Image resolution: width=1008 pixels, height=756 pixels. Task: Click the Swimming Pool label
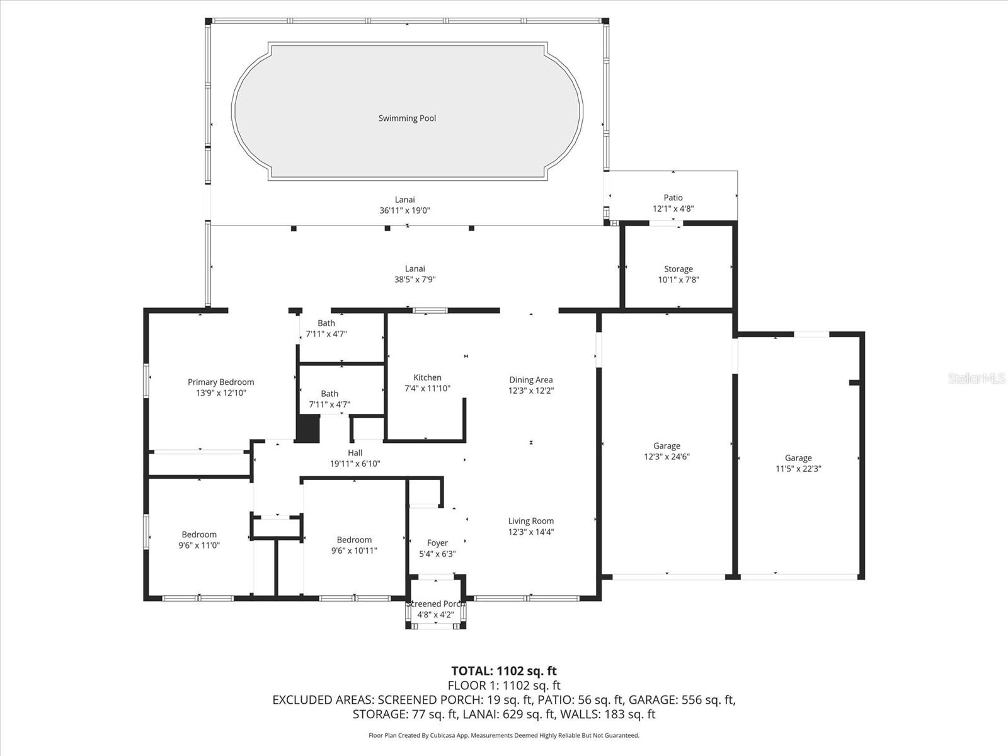pyautogui.click(x=407, y=118)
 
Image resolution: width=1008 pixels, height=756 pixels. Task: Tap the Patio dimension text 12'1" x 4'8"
pyautogui.click(x=673, y=209)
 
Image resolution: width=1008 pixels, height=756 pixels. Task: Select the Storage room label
pyautogui.click(x=678, y=269)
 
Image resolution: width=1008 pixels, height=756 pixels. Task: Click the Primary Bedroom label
pyautogui.click(x=220, y=382)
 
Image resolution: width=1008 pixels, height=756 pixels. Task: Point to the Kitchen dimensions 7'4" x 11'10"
pyautogui.click(x=427, y=389)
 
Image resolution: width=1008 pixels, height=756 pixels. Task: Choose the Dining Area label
pyautogui.click(x=530, y=379)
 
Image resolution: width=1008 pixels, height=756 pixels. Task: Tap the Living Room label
pyautogui.click(x=530, y=521)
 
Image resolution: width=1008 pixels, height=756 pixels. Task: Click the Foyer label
pyautogui.click(x=437, y=542)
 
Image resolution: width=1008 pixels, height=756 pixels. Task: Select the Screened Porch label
pyautogui.click(x=435, y=604)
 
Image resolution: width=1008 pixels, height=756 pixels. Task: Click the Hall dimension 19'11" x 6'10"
pyautogui.click(x=355, y=464)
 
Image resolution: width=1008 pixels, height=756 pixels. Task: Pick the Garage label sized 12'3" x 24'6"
pyautogui.click(x=667, y=445)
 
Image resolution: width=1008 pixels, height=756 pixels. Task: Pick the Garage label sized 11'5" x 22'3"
pyautogui.click(x=798, y=458)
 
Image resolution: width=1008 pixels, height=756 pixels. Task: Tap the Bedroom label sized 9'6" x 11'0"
pyautogui.click(x=199, y=534)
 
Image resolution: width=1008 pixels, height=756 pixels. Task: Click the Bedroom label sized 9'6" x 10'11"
pyautogui.click(x=354, y=539)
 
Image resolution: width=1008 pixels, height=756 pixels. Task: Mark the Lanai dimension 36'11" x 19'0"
pyautogui.click(x=404, y=211)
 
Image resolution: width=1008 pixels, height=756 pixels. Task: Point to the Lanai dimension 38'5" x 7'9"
pyautogui.click(x=415, y=280)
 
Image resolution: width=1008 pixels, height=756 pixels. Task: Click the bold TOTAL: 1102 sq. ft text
pyautogui.click(x=504, y=671)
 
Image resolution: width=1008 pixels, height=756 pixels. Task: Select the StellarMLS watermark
pyautogui.click(x=976, y=379)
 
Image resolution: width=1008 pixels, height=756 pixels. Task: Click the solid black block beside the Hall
pyautogui.click(x=308, y=428)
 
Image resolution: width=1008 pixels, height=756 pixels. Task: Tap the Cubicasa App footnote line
pyautogui.click(x=504, y=735)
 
